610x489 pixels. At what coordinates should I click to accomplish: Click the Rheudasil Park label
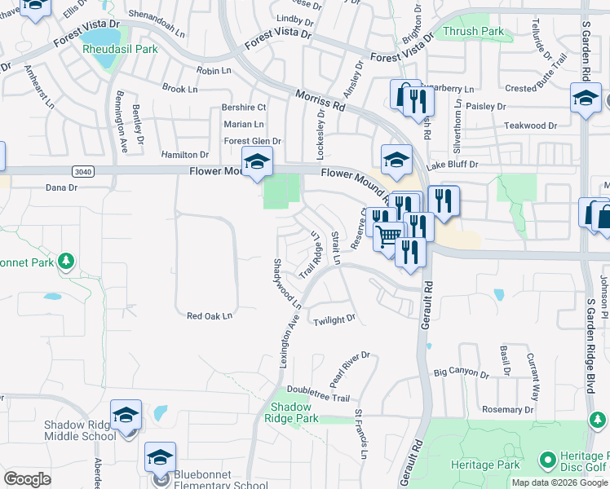(119, 49)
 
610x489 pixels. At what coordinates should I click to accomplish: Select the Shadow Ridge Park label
(291, 412)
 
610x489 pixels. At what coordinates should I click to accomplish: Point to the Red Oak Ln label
(210, 315)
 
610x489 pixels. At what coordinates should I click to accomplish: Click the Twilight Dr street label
(335, 319)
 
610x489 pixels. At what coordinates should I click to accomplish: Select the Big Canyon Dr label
(462, 374)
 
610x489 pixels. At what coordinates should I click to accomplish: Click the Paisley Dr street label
(487, 106)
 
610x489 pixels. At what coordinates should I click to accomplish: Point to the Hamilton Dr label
(185, 154)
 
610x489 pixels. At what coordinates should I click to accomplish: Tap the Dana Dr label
(61, 187)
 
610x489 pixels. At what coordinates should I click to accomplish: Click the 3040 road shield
(82, 170)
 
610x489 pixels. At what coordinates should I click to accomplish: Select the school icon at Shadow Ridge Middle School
(126, 416)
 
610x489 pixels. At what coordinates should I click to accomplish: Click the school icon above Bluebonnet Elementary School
(161, 457)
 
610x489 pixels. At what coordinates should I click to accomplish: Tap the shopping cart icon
(390, 236)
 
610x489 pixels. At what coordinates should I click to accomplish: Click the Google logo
(27, 479)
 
